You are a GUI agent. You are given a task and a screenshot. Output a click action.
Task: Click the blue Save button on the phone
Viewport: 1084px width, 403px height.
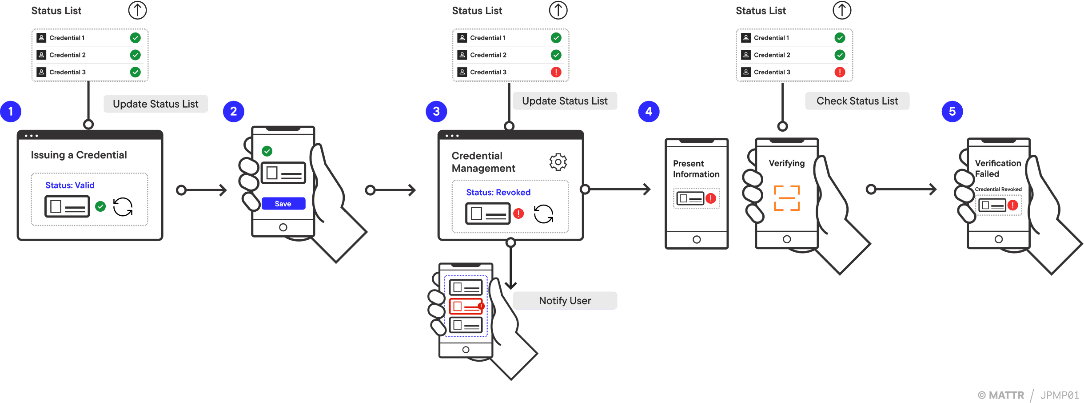click(283, 204)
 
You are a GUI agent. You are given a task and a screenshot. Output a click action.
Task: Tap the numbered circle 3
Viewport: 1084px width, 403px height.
click(436, 111)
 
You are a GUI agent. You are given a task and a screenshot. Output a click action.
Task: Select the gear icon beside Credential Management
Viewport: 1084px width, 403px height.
click(558, 162)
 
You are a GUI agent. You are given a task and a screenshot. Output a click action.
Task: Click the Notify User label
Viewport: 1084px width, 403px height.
click(565, 301)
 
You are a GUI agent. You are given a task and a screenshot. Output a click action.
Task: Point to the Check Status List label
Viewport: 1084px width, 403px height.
click(857, 101)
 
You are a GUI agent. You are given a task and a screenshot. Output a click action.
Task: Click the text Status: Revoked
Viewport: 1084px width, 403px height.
click(498, 192)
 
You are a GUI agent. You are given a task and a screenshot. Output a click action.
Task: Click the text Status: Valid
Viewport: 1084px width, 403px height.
click(70, 185)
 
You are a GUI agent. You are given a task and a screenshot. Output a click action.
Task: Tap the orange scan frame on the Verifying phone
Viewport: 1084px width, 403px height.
click(786, 198)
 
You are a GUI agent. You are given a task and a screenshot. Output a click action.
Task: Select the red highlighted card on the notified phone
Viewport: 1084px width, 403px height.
click(466, 306)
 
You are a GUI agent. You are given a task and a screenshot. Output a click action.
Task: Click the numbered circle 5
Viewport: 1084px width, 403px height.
click(952, 111)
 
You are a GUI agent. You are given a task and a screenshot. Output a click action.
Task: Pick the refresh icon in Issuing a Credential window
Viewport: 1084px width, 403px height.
click(123, 207)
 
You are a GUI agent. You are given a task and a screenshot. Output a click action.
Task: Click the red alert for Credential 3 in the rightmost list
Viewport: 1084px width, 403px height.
click(839, 72)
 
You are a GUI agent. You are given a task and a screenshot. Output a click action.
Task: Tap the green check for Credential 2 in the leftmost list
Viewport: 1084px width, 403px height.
click(135, 55)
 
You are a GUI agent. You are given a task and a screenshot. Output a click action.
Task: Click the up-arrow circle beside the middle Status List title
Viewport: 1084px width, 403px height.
click(558, 10)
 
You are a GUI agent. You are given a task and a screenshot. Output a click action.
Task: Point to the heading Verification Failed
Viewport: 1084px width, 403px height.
click(997, 168)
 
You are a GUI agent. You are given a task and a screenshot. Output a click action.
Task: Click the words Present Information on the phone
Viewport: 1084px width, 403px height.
click(696, 169)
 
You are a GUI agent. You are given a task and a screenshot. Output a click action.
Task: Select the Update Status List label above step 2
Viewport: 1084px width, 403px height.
click(155, 104)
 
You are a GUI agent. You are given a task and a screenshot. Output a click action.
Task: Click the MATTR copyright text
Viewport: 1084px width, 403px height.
click(1001, 395)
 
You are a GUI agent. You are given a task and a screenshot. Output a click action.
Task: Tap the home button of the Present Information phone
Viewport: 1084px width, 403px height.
click(697, 239)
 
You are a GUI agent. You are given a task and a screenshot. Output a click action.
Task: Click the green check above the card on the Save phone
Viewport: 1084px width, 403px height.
click(267, 151)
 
